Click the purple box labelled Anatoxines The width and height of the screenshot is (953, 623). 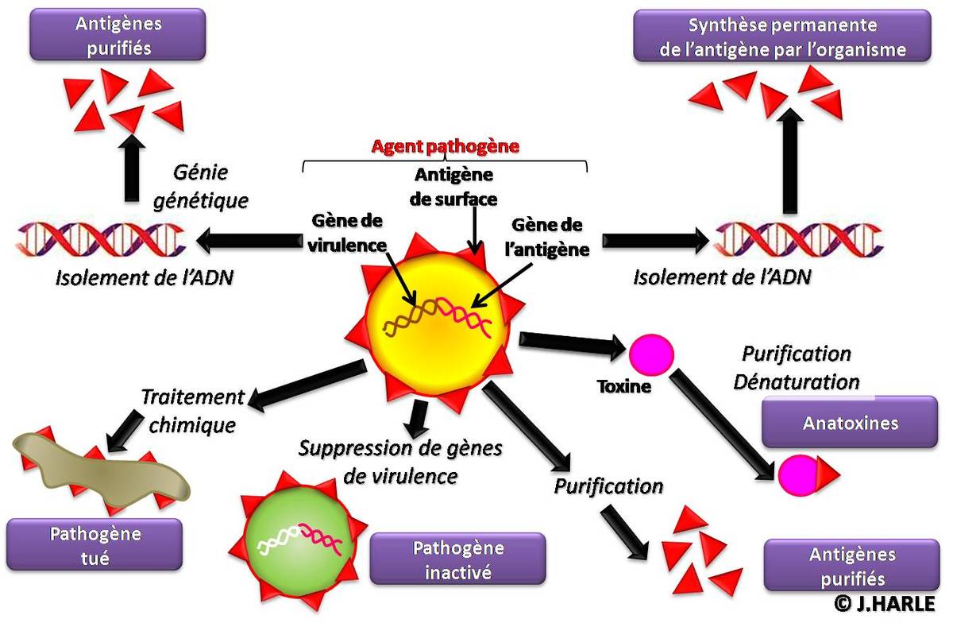pos(850,422)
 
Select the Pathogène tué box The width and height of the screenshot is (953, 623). pos(95,544)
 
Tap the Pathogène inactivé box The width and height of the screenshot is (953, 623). pos(457,559)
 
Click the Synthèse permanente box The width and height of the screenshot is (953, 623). pos(782,37)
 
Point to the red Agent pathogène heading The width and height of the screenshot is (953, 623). pos(446,146)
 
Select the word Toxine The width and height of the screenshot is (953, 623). pos(624,388)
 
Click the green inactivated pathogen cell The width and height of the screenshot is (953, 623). pos(295,540)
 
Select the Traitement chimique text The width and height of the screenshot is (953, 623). pos(191,411)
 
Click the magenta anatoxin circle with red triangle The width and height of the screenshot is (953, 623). pos(802,474)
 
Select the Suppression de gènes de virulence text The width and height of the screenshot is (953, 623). pos(400,462)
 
